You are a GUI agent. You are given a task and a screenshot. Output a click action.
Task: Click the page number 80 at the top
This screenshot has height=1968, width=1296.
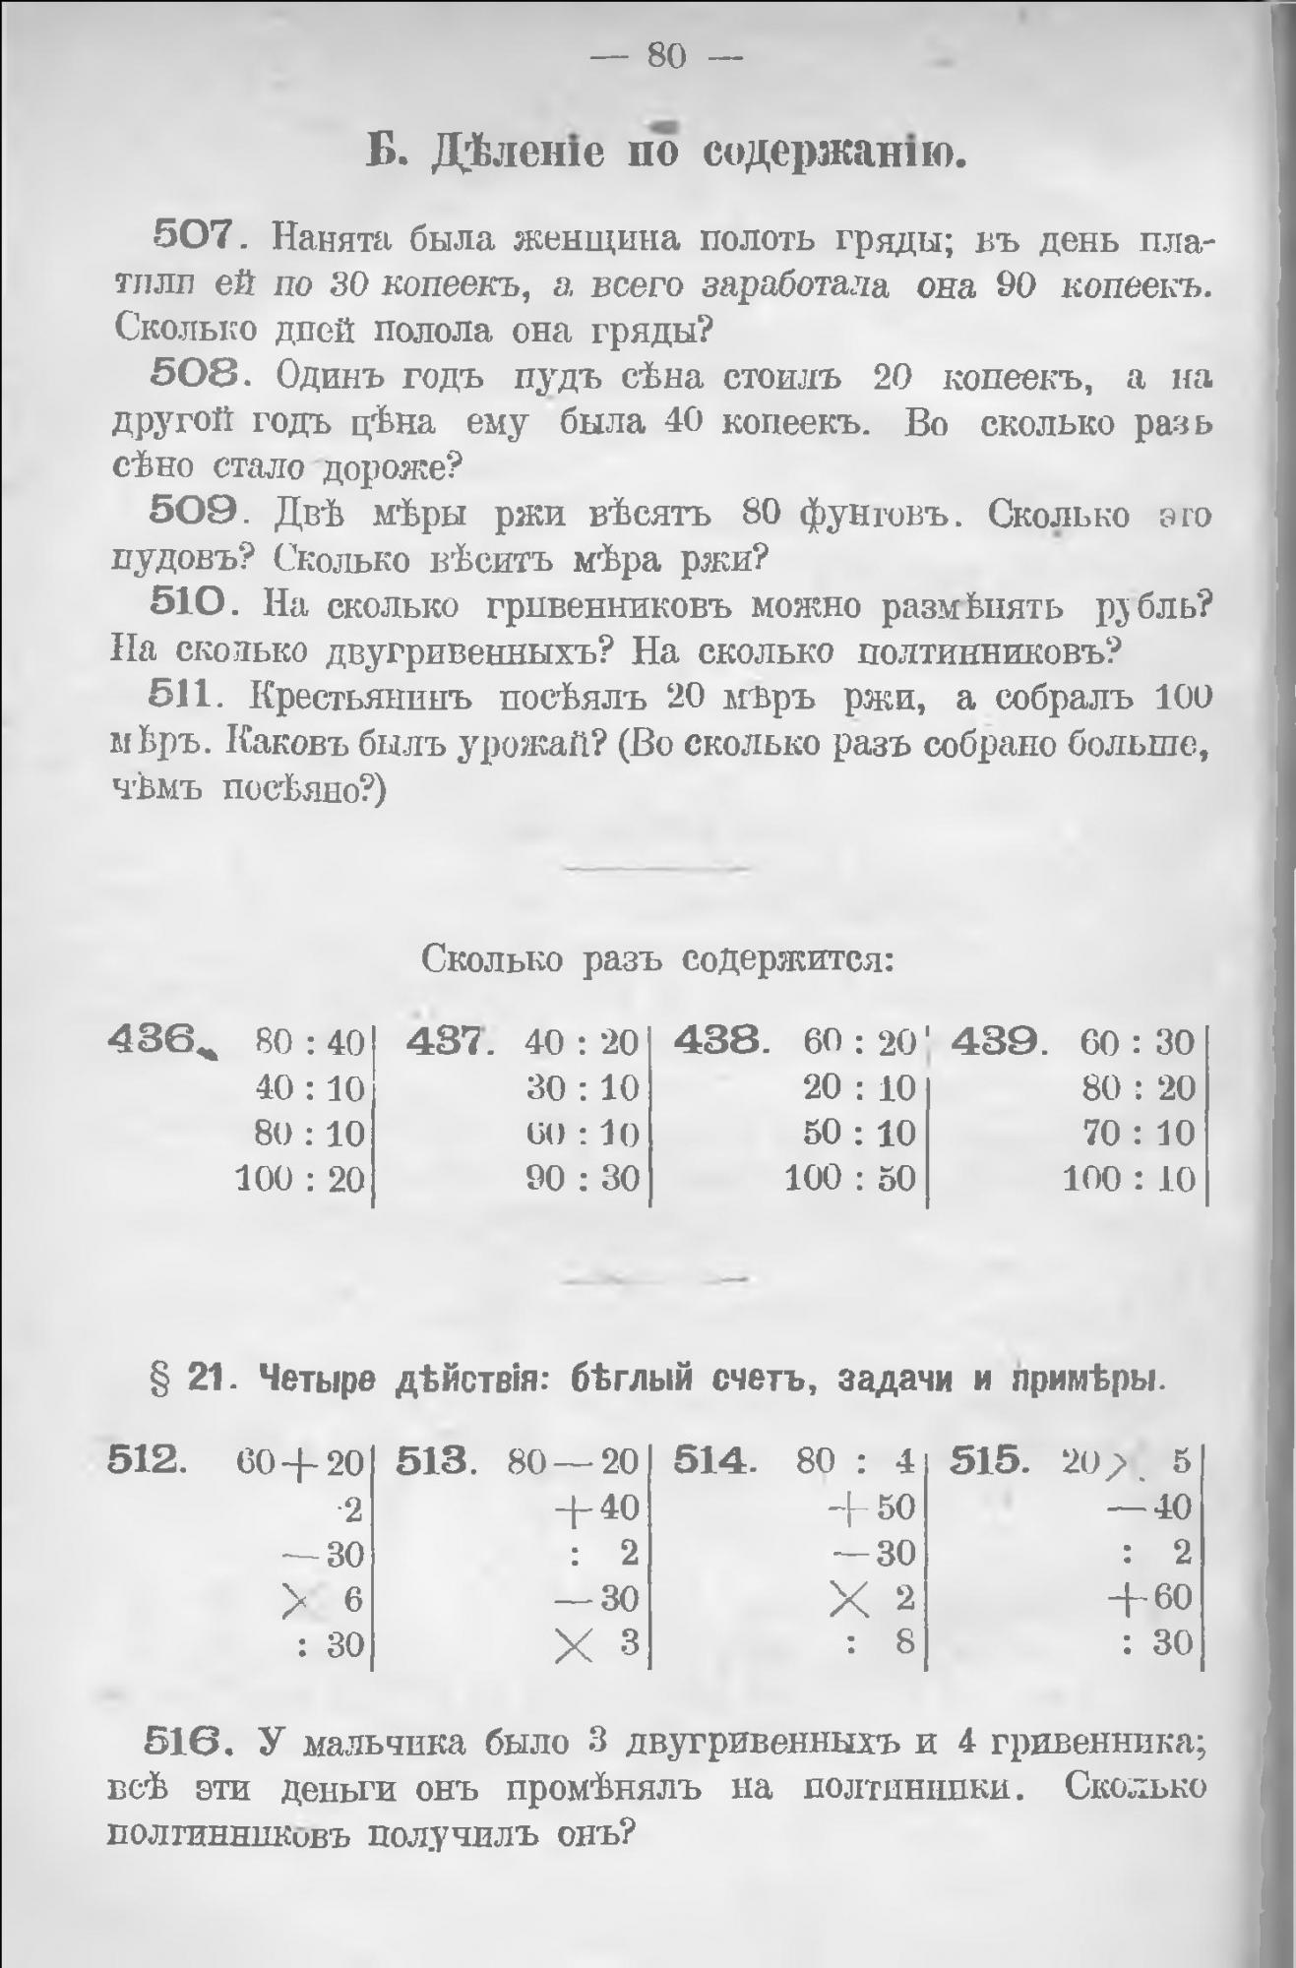(666, 56)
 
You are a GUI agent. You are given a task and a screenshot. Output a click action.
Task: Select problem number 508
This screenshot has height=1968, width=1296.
(192, 374)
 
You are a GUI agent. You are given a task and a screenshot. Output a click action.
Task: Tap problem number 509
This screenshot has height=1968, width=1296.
(192, 512)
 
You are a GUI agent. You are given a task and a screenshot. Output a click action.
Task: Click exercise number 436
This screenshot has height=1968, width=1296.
(154, 1040)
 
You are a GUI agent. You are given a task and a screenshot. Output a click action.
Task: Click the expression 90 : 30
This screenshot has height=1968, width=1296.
(583, 1178)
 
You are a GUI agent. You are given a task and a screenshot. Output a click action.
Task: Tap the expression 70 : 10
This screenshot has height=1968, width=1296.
(1139, 1133)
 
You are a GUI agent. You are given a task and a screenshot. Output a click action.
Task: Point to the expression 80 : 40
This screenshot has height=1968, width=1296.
(309, 1042)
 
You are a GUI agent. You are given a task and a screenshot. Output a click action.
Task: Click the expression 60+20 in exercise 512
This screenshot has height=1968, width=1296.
(300, 1463)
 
